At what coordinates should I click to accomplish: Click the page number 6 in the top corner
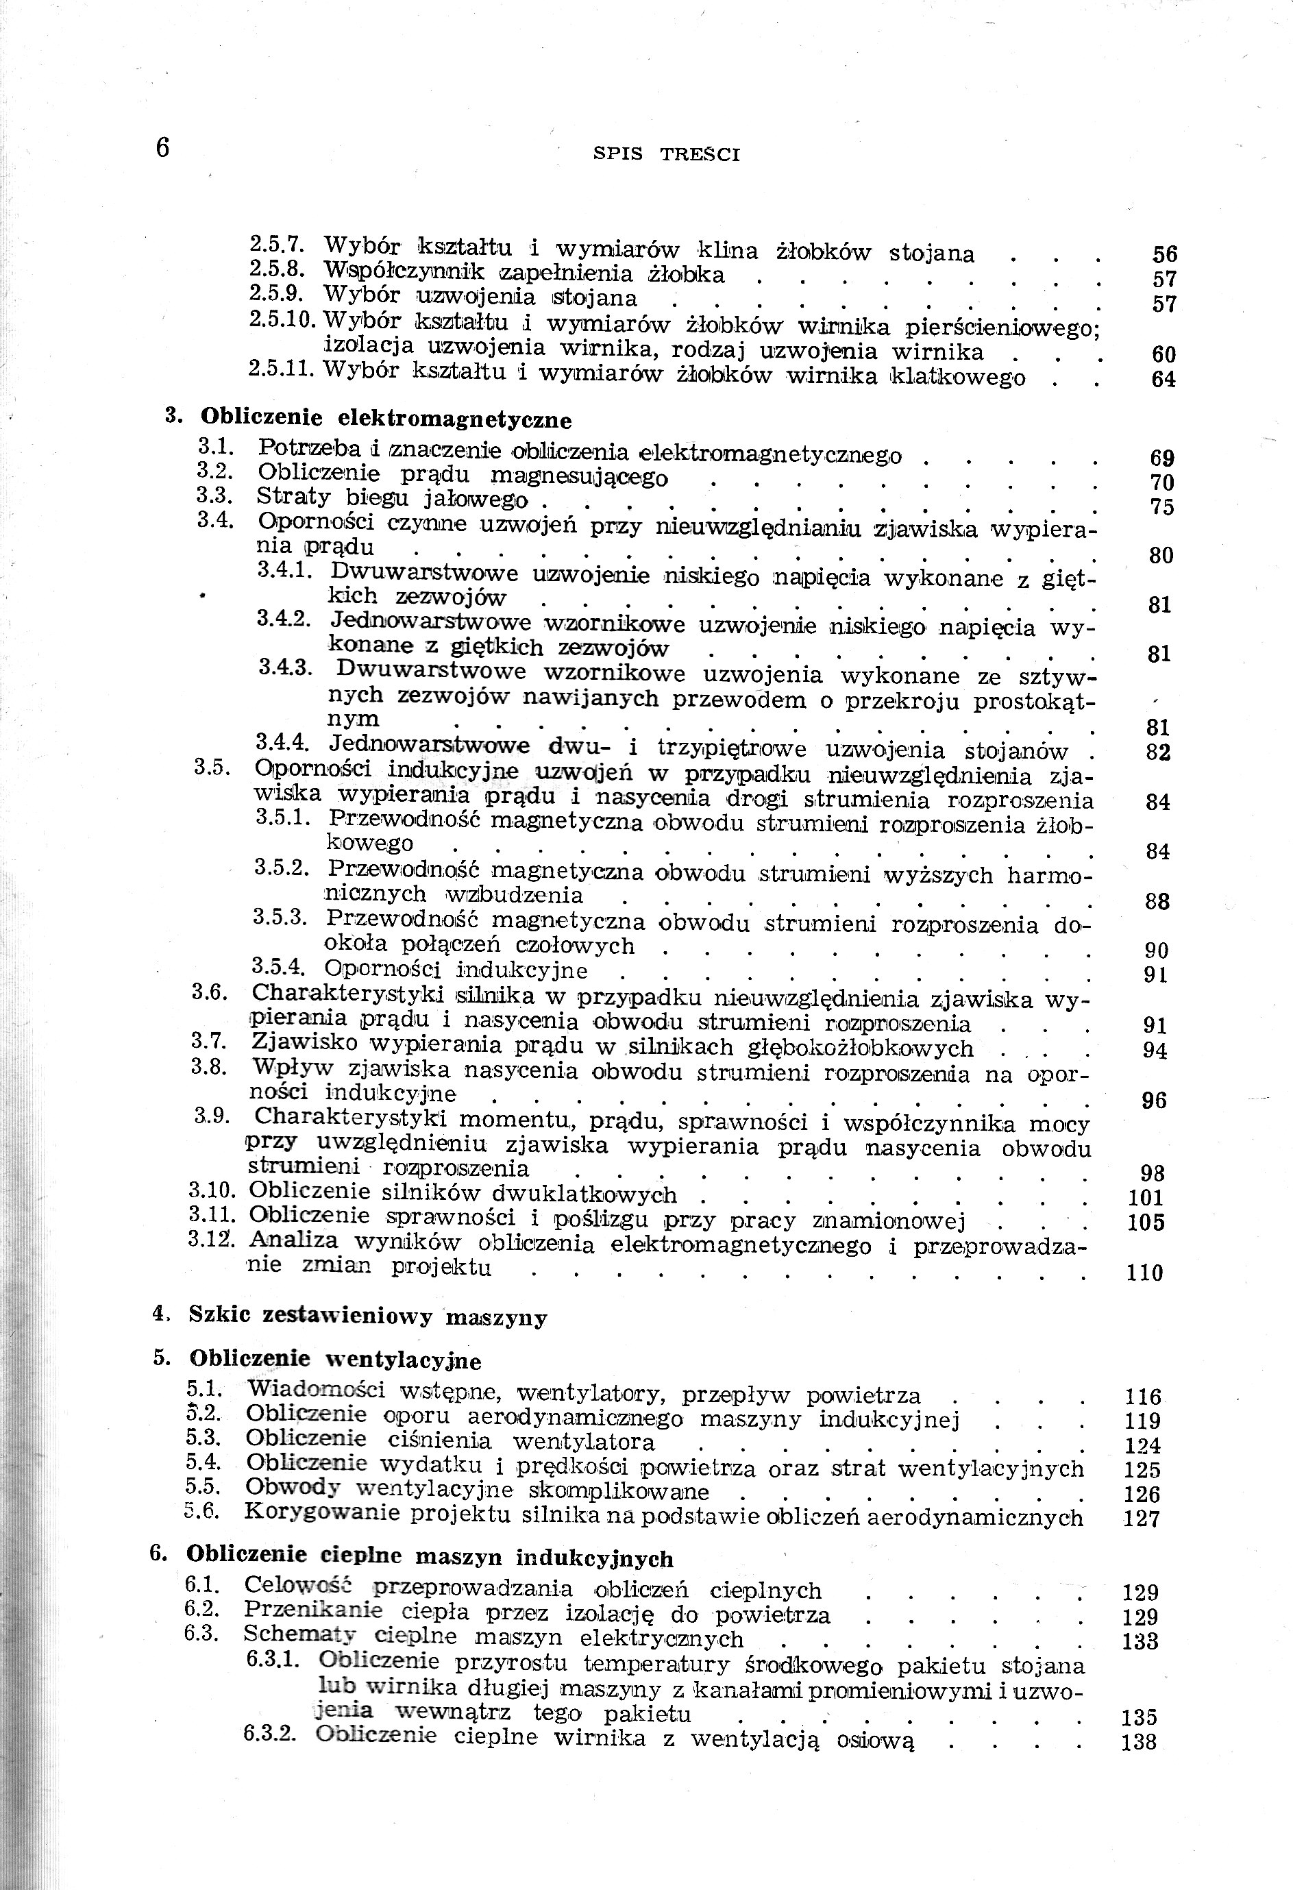click(x=162, y=148)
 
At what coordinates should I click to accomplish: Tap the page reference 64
click(x=1163, y=379)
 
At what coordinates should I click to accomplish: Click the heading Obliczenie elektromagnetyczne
click(x=386, y=419)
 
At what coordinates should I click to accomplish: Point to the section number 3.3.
click(x=215, y=495)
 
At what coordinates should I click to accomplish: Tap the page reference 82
click(x=1158, y=752)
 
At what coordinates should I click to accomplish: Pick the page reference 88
click(x=1157, y=901)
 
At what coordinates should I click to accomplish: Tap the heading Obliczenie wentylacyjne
click(x=335, y=1360)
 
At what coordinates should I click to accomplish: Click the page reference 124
click(x=1142, y=1446)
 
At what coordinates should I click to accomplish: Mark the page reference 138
click(x=1140, y=1742)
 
